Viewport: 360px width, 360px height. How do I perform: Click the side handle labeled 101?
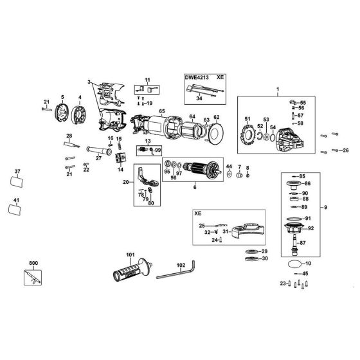tap(132, 270)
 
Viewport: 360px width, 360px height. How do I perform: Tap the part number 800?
tap(33, 263)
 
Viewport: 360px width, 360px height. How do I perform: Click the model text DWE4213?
tap(197, 77)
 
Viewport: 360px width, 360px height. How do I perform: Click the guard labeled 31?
tap(248, 231)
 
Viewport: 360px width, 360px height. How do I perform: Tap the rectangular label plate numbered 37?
tap(17, 181)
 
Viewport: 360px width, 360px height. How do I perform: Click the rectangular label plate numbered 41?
tap(15, 210)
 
